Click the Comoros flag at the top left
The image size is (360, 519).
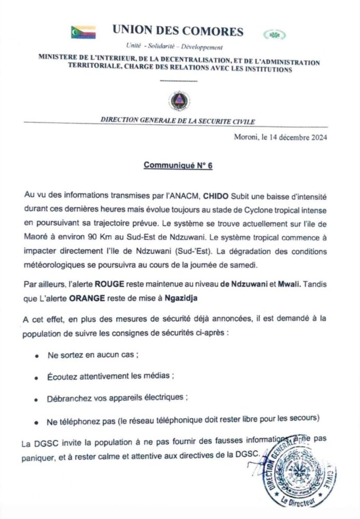coord(83,32)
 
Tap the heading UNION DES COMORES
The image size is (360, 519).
coord(177,31)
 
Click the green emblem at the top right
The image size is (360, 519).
coord(274,35)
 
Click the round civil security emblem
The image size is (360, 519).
coord(179,100)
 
